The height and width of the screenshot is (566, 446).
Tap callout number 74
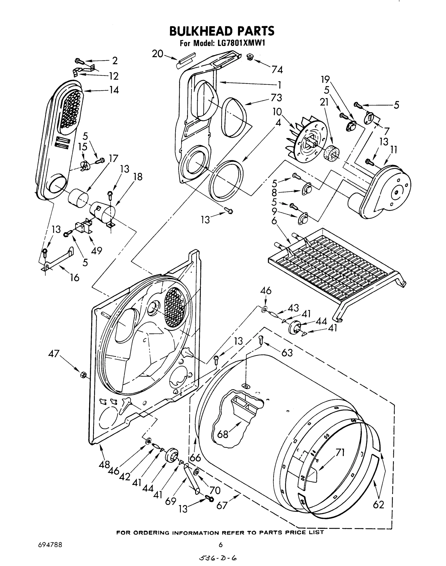[277, 70]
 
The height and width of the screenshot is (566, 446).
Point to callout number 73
[276, 98]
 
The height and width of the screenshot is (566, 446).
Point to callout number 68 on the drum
[223, 434]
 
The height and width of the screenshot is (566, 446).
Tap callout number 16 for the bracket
[75, 277]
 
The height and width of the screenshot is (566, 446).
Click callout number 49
[96, 250]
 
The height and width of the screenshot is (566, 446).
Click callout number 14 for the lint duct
[114, 90]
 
